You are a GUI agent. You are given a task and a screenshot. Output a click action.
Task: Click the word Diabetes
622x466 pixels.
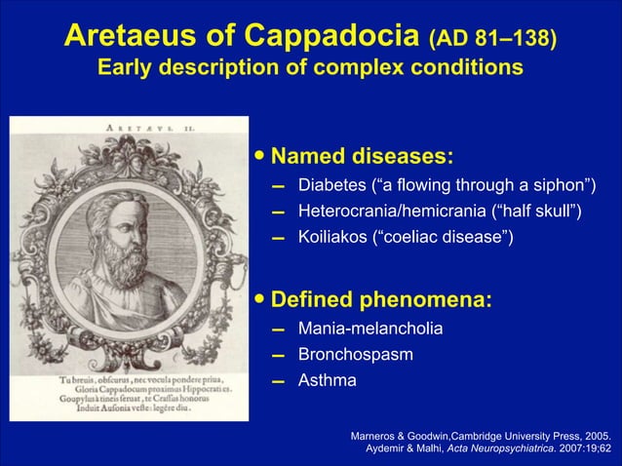click(x=335, y=186)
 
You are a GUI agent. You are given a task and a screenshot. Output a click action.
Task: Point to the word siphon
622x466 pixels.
click(x=560, y=186)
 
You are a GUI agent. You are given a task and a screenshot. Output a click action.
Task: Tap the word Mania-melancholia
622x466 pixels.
click(x=369, y=330)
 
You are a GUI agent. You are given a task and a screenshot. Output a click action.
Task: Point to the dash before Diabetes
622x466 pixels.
click(x=278, y=187)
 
